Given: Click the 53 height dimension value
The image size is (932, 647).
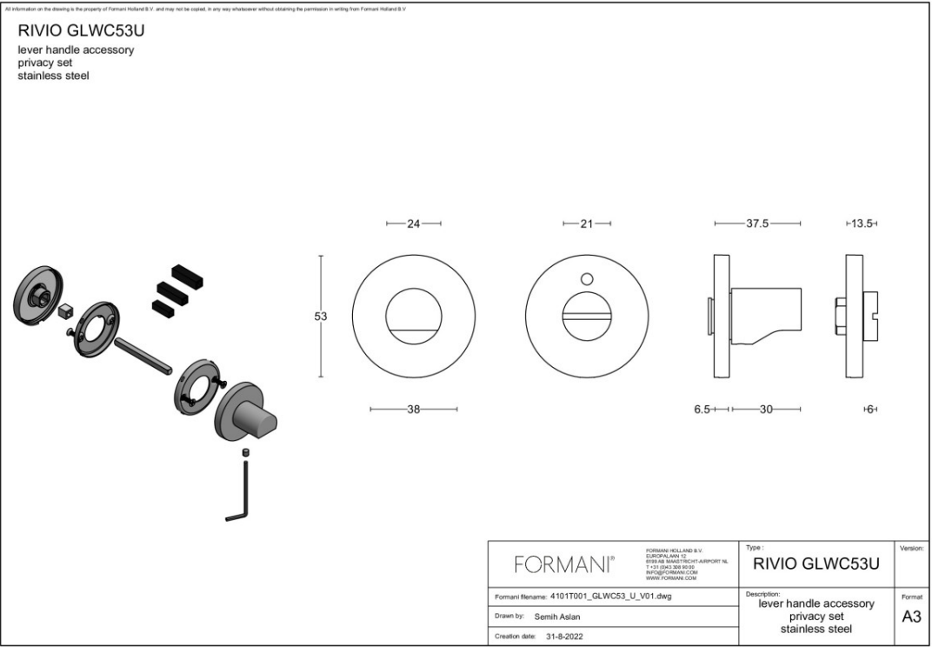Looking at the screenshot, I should pos(321,317).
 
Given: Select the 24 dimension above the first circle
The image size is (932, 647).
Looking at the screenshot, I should pos(414,224).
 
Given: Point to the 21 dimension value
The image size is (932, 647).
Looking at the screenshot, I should pos(586,224).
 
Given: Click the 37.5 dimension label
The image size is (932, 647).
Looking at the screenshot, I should pos(757,224).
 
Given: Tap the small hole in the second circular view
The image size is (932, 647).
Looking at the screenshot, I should pos(586,279).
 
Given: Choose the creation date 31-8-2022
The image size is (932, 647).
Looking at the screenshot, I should pos(564,637).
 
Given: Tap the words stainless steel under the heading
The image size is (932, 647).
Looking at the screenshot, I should pos(54,76).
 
